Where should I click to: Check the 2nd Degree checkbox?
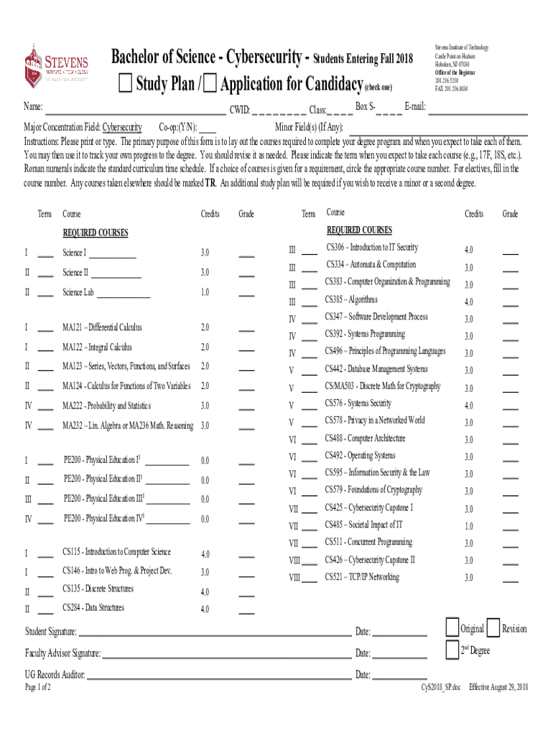[x=452, y=650]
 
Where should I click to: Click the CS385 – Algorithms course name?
[x=351, y=300]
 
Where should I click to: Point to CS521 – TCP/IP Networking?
[x=361, y=577]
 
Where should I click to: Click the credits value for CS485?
[x=468, y=526]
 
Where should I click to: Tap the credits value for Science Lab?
[x=205, y=293]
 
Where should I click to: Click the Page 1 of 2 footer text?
[x=37, y=687]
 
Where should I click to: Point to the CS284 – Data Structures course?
[x=93, y=608]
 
